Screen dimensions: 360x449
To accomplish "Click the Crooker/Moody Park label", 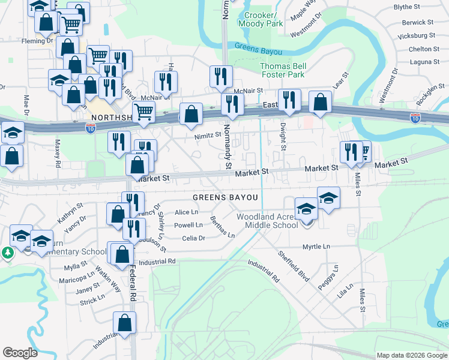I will [261, 19].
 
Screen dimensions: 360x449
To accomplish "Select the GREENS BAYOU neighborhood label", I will [225, 197].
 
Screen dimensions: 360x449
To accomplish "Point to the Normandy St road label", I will [228, 146].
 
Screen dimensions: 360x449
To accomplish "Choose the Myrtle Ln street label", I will [316, 247].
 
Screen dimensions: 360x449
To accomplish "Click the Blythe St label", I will [423, 7].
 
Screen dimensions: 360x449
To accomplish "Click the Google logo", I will [20, 353].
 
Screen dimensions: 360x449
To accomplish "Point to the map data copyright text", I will [411, 355].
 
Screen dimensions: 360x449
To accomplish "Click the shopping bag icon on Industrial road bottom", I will [124, 323].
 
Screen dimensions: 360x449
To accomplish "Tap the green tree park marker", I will [8, 253].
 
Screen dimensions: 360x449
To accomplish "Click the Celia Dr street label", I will [194, 238].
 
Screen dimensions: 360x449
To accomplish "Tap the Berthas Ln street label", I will [223, 227].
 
